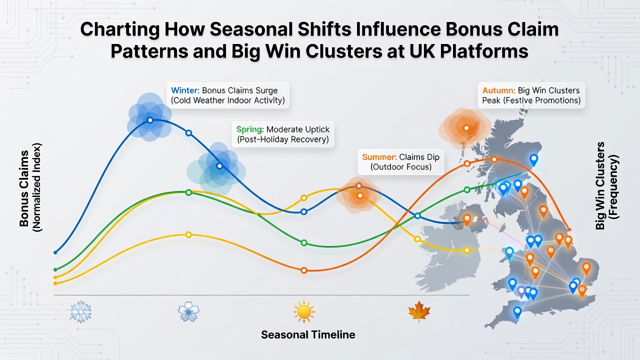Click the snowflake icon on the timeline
click(x=81, y=311)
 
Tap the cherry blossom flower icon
click(x=188, y=311)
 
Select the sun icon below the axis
click(x=304, y=311)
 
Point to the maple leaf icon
click(x=419, y=311)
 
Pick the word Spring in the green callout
click(x=249, y=129)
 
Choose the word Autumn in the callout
click(x=497, y=90)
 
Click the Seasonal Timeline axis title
click(x=308, y=334)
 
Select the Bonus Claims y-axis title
click(x=24, y=188)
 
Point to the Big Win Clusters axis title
click(x=600, y=185)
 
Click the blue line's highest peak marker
click(x=150, y=120)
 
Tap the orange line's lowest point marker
click(x=304, y=270)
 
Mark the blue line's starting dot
click(x=55, y=252)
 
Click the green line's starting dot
click(x=55, y=269)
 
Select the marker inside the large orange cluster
click(x=466, y=128)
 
